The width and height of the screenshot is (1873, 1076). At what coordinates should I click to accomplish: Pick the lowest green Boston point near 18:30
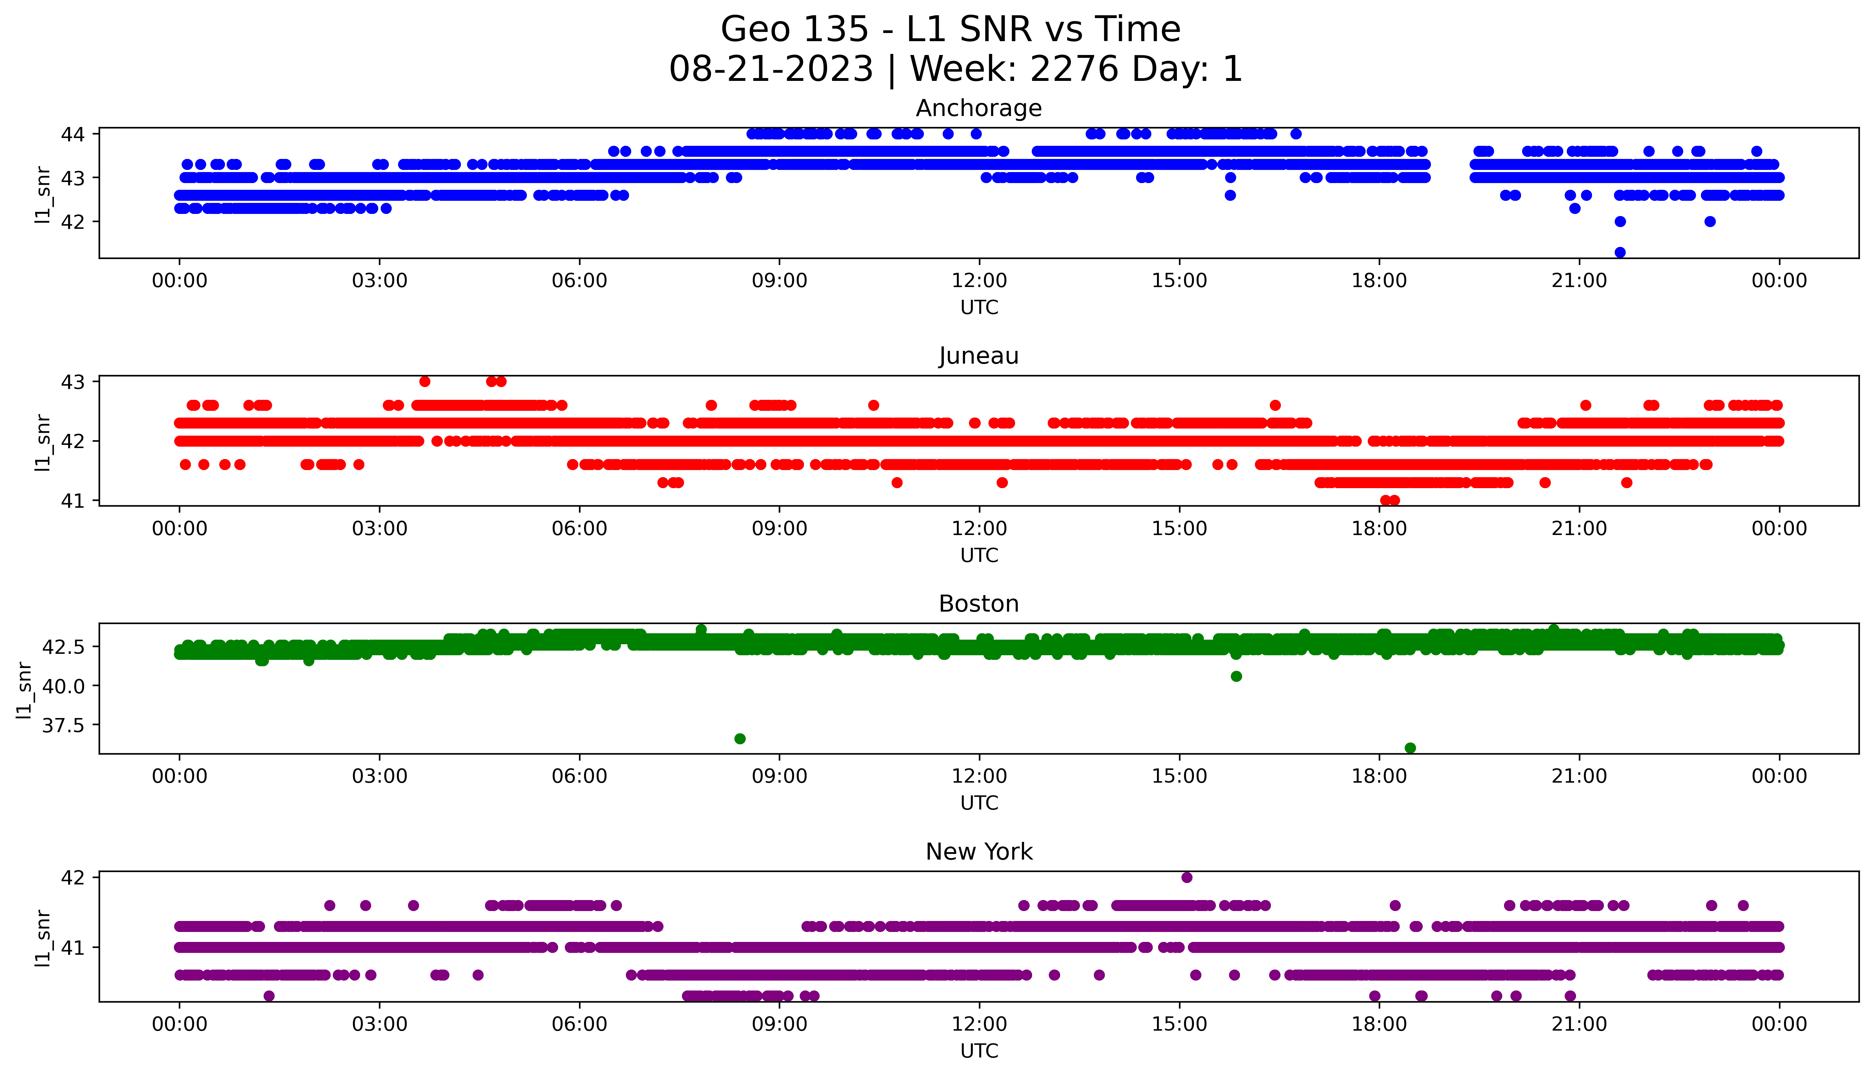click(1410, 748)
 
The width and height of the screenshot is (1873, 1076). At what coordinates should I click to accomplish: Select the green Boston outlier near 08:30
click(740, 738)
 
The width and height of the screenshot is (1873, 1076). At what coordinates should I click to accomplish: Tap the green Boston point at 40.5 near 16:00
click(1236, 676)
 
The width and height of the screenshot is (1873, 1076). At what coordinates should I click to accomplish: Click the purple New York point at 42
click(1186, 877)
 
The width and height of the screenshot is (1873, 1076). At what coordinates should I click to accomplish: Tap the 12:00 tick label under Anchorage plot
click(979, 281)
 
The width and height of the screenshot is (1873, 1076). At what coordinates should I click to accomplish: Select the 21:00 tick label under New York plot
click(1579, 1024)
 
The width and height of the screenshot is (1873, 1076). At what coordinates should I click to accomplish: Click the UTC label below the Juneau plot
click(979, 555)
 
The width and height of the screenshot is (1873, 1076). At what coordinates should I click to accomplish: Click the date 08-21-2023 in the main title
click(771, 70)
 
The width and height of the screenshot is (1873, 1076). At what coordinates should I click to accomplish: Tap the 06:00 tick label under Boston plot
click(579, 777)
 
